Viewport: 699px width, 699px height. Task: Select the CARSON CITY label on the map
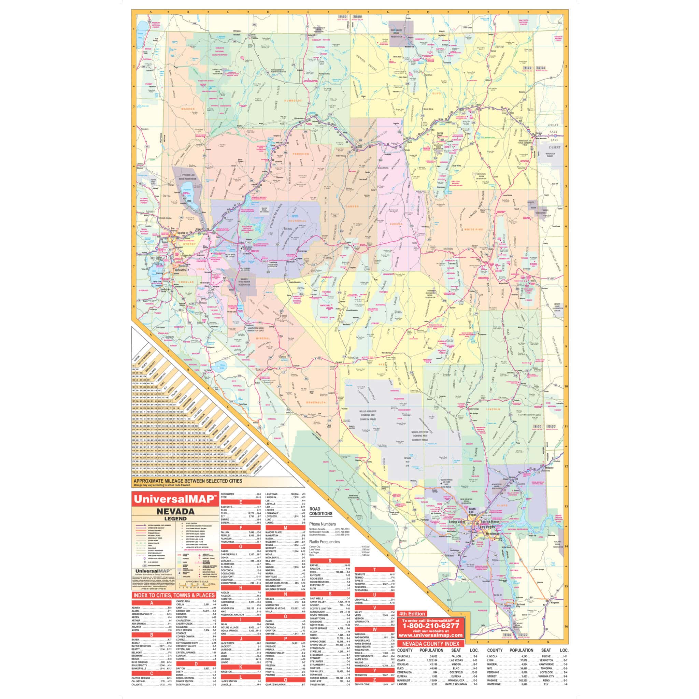[182, 270]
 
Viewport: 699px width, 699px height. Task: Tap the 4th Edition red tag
[412, 614]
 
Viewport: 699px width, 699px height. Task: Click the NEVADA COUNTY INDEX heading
[430, 644]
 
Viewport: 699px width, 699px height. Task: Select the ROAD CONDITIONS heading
[320, 511]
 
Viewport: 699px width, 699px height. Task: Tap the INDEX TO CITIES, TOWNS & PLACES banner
[174, 595]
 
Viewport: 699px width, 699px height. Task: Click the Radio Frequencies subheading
[325, 542]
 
